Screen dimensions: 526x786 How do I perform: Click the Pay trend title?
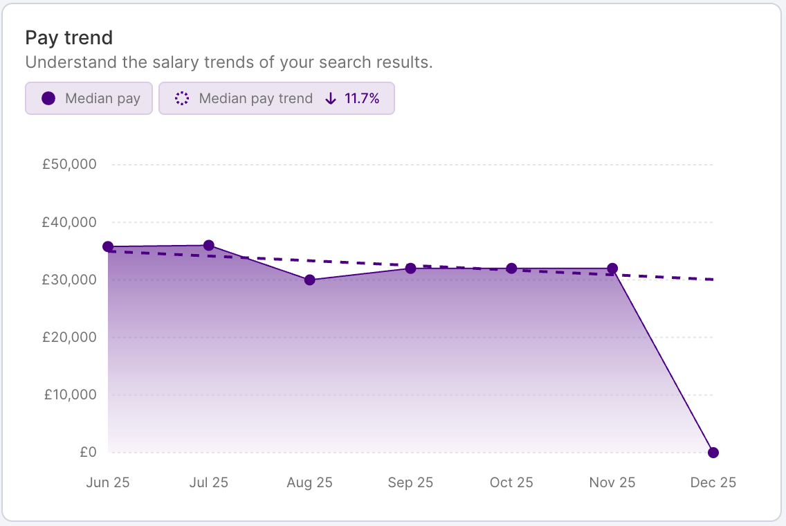68,37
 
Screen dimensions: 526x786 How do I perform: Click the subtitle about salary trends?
228,62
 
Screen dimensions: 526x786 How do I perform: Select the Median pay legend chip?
89,98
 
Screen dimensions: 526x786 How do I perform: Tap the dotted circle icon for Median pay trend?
182,98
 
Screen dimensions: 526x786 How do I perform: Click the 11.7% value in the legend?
362,98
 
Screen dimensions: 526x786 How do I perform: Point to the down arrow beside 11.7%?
331,98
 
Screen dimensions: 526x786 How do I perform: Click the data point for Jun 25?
108,247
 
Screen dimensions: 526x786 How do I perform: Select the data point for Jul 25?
209,246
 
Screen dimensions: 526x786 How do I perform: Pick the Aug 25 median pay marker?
310,280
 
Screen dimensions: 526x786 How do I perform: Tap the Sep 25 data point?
411,269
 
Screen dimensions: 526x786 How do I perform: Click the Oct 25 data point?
512,269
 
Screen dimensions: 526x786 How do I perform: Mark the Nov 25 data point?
612,269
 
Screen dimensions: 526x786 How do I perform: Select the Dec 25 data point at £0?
713,453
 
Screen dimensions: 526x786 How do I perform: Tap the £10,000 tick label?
71,394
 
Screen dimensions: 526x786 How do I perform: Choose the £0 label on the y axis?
88,452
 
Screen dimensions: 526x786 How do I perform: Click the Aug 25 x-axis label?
310,482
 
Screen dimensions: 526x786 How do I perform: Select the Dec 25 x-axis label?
713,482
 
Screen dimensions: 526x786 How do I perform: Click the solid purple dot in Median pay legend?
48,98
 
